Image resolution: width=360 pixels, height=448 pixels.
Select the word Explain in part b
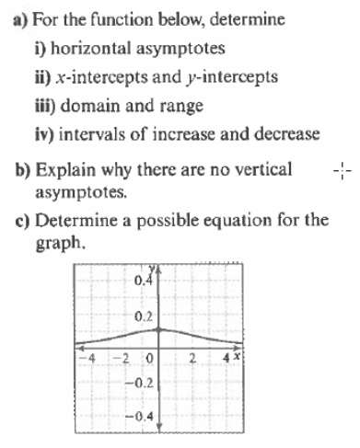click(x=60, y=169)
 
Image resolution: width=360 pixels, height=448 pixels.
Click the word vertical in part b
click(x=263, y=169)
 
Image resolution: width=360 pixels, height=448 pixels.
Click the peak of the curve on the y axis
click(x=159, y=328)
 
